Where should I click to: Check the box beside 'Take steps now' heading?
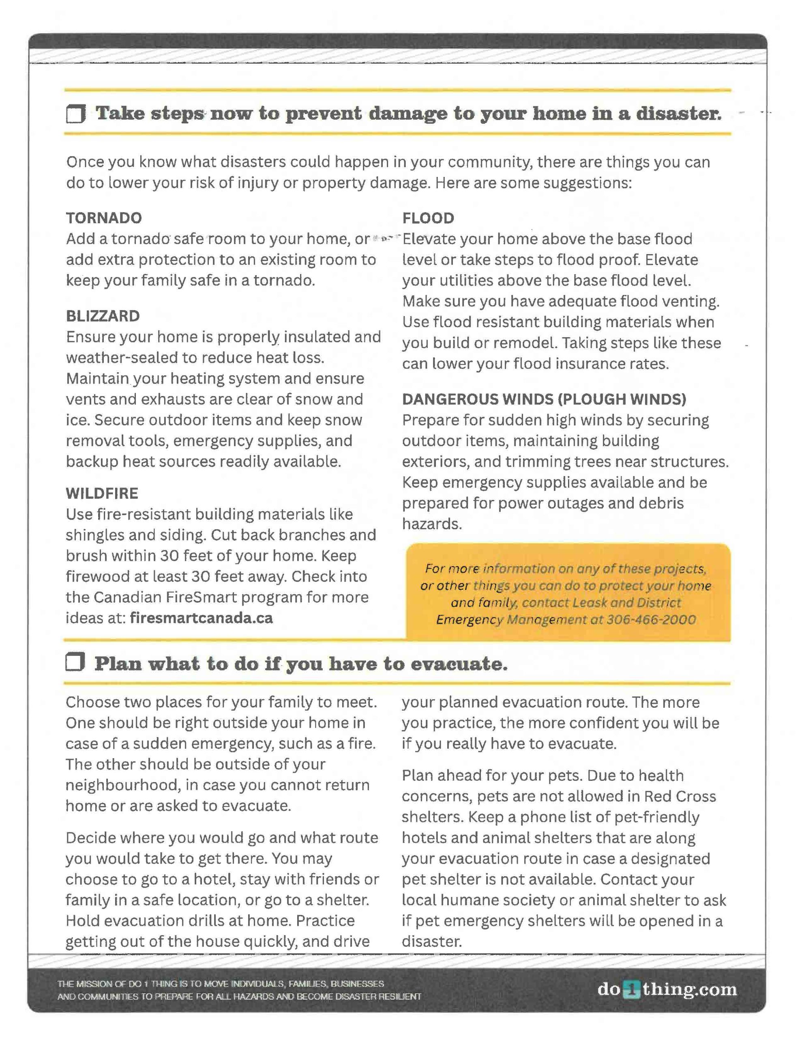pos(75,114)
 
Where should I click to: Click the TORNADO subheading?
pos(104,218)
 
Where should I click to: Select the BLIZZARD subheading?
pos(103,316)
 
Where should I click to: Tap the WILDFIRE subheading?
pos(102,494)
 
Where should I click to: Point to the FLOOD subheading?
pos(428,218)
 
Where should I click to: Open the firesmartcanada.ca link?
pos(201,618)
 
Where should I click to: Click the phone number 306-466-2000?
pos(651,619)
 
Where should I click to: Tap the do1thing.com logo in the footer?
pos(667,989)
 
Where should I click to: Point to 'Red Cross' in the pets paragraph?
pos(680,796)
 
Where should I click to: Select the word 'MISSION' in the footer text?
pos(90,984)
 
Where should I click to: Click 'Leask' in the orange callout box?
pos(590,603)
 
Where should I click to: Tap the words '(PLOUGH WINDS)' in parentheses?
pos(622,399)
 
